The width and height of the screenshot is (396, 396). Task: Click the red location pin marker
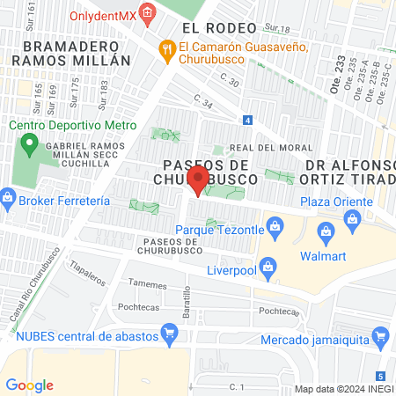tap(198, 180)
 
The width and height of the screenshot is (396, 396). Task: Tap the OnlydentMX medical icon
tap(147, 13)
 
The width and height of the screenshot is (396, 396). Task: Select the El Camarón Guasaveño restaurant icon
tap(165, 50)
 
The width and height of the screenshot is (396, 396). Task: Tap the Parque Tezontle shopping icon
tap(275, 229)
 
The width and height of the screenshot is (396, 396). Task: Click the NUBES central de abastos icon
tap(171, 334)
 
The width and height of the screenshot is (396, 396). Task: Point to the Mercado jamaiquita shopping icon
tap(380, 335)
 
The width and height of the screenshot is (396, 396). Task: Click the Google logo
tap(29, 385)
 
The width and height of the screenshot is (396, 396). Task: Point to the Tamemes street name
tap(147, 283)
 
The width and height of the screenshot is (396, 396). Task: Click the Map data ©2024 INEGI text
tap(343, 389)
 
